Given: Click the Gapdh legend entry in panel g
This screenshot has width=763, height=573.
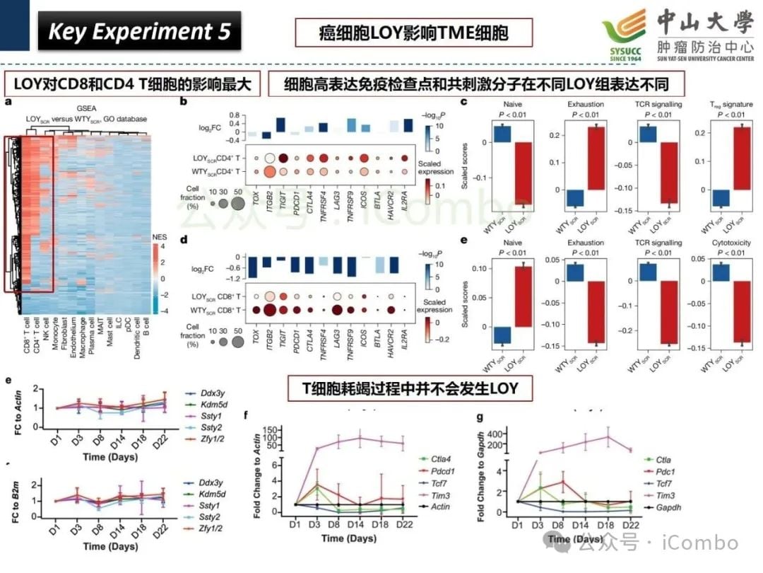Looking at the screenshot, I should pos(671,508).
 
